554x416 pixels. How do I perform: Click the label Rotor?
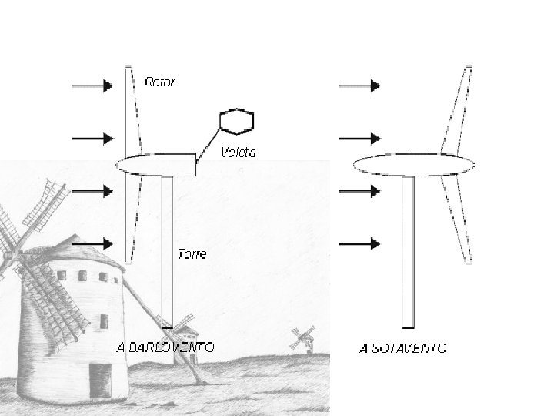coord(160,82)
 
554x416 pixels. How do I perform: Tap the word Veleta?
coord(239,152)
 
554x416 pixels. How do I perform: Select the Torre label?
coord(192,253)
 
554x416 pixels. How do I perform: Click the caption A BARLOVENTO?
coord(165,347)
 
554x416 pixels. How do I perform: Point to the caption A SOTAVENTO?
coord(402,348)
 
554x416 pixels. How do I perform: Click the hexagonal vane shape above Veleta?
coord(236,121)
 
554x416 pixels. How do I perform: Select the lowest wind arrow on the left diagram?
coord(92,243)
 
